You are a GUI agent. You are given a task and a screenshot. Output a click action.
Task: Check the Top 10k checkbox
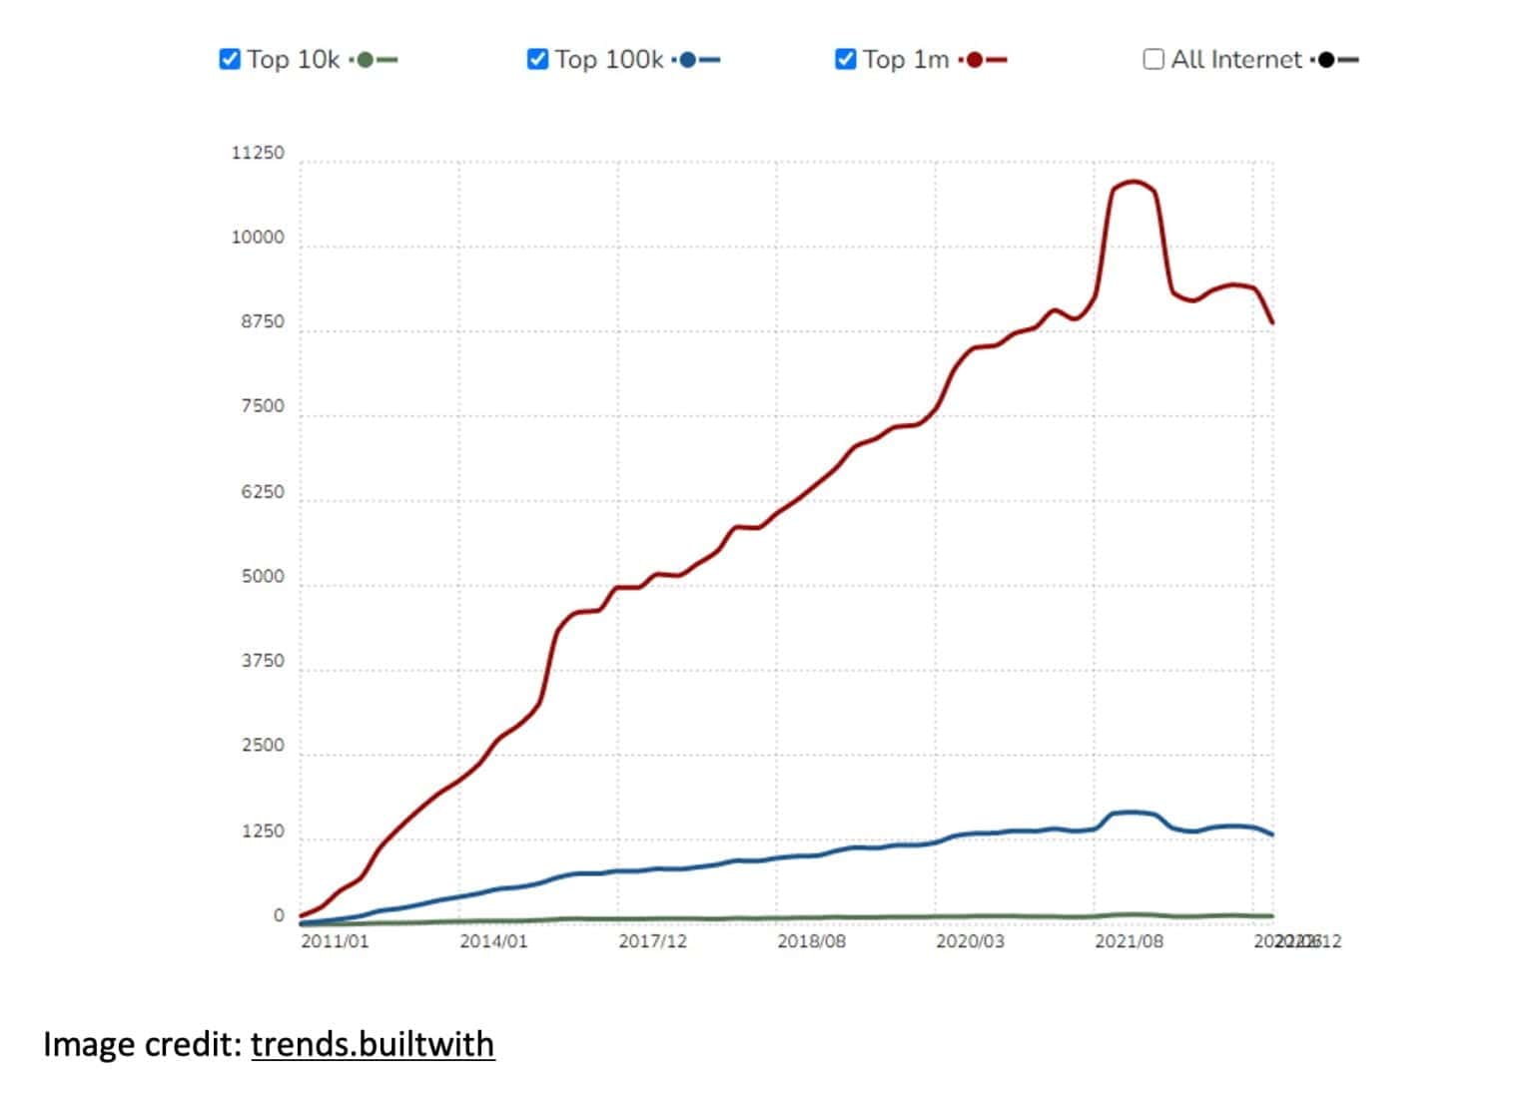230,60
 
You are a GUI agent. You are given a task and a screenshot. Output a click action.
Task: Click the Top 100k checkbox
537,60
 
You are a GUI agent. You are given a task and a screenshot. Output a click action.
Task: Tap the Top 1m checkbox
845,60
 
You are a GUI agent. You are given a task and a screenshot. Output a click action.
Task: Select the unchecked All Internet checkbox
1153,60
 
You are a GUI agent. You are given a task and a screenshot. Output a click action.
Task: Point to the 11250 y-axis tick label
258,154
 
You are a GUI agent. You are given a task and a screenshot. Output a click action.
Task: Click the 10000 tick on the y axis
258,239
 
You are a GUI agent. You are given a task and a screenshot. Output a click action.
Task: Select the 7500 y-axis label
262,407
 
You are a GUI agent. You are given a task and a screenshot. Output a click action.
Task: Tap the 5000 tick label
262,577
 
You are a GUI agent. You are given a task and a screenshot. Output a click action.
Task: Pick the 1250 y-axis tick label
262,832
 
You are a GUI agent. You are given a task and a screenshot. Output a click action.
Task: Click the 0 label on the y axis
279,916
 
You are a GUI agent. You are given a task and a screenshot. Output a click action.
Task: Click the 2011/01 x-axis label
335,941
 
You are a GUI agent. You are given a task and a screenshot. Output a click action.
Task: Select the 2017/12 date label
652,941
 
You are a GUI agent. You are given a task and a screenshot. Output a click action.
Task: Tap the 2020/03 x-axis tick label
970,941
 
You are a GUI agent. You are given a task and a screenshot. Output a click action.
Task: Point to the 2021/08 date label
1129,941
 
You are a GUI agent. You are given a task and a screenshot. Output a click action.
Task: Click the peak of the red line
1134,183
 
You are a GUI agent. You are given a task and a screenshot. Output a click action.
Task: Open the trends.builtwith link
373,1044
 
